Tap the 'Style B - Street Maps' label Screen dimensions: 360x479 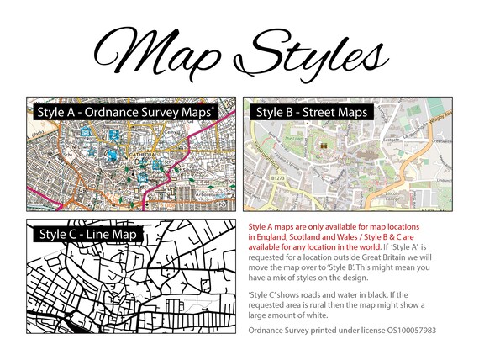pyautogui.click(x=311, y=111)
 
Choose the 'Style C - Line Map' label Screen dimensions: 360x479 pyautogui.click(x=87, y=232)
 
